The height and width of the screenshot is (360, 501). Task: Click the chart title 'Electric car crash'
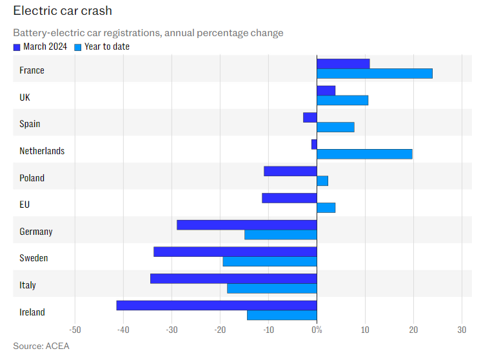pyautogui.click(x=62, y=12)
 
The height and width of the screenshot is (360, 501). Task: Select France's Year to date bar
pyautogui.click(x=374, y=74)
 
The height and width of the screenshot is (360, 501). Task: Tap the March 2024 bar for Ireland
pyautogui.click(x=217, y=305)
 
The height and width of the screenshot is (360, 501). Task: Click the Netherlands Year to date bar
pyautogui.click(x=364, y=154)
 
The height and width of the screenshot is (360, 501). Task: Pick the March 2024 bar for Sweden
pyautogui.click(x=235, y=252)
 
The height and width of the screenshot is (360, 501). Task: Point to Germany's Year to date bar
pyautogui.click(x=280, y=235)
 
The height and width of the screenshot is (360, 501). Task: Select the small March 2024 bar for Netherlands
pyautogui.click(x=314, y=145)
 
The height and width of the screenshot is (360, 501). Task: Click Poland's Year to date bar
pyautogui.click(x=322, y=181)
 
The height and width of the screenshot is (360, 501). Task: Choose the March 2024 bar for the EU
pyautogui.click(x=290, y=198)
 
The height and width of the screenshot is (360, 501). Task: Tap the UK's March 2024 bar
pyautogui.click(x=326, y=90)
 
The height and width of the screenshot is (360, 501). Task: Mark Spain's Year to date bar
pyautogui.click(x=335, y=127)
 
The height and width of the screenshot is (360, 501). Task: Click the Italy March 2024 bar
pyautogui.click(x=233, y=279)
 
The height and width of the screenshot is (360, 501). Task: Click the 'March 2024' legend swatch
pyautogui.click(x=17, y=46)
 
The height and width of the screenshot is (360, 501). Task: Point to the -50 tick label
pyautogui.click(x=75, y=330)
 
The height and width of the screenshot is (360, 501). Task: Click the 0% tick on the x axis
pyautogui.click(x=317, y=330)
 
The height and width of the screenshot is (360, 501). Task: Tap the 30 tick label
pyautogui.click(x=462, y=330)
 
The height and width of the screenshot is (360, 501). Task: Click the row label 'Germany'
pyautogui.click(x=36, y=232)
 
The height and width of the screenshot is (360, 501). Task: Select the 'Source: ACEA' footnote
pyautogui.click(x=41, y=346)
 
